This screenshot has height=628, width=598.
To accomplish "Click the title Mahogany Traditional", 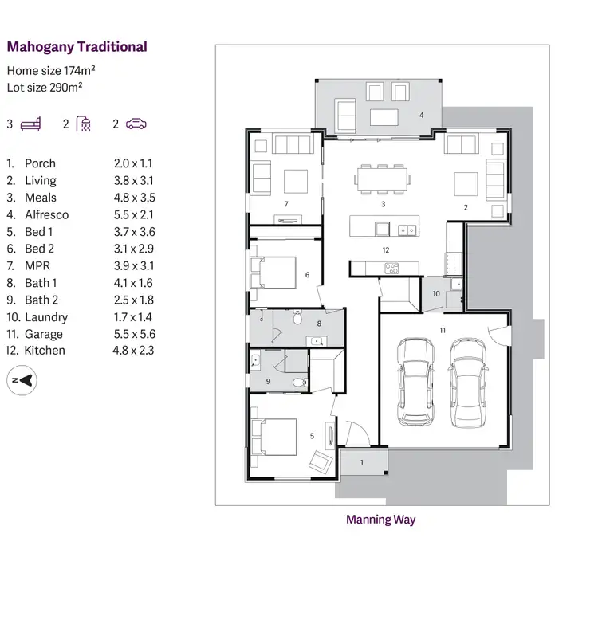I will point(77,46).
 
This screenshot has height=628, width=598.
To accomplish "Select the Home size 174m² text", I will point(52,70).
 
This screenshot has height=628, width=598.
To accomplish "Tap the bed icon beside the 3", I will point(30,124).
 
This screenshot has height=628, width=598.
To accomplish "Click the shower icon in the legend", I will point(84,124).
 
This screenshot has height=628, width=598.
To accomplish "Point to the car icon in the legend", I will point(136,124).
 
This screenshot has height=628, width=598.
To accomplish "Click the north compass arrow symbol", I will point(24,380).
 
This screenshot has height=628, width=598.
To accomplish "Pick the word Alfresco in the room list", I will point(46,214).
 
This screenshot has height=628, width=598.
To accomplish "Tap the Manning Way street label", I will point(380,520).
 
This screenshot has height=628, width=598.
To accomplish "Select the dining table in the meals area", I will point(382,179).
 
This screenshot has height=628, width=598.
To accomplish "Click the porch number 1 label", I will point(361,462).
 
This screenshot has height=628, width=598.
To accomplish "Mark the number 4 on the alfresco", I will point(421,115).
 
